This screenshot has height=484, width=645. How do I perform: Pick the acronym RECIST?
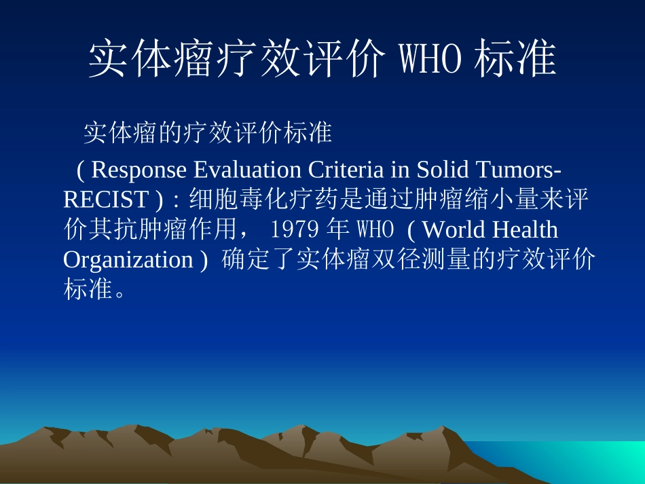(105, 200)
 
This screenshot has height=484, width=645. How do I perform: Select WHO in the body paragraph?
(375, 230)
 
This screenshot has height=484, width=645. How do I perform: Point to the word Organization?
(128, 260)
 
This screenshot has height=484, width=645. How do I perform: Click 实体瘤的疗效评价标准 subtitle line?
(207, 133)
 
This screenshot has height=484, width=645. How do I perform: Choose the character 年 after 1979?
(338, 230)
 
